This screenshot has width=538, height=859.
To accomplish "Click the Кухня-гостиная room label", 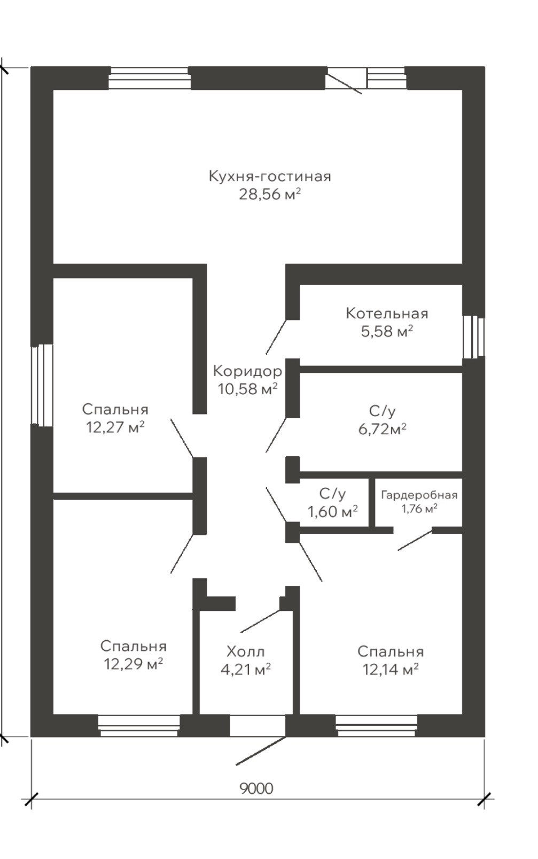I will pos(269,176).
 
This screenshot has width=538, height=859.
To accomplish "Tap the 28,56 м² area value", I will pos(269,194).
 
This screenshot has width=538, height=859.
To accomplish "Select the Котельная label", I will pos(387,313).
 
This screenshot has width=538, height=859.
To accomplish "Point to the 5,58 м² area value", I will pos(387,332).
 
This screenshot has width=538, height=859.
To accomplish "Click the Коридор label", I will pos(247,371).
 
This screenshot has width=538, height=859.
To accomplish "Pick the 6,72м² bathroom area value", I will pos(382,429).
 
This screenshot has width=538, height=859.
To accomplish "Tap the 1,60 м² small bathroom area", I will pos(332,512).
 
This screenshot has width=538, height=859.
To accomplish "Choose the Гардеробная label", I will pos(419,495).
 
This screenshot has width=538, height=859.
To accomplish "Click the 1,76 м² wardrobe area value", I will pos(419,509).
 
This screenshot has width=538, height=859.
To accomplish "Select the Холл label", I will pos(245,651).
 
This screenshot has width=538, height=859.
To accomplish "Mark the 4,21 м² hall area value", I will pos(245,669).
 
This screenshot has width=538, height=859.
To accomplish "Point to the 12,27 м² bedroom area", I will pos(115,427).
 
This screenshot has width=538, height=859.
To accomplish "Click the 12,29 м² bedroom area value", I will pos(133,664).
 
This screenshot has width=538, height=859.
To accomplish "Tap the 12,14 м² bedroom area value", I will pos(390,670).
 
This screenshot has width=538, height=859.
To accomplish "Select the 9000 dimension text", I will pos(256,788).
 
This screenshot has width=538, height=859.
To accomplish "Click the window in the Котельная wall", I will pos(473,337).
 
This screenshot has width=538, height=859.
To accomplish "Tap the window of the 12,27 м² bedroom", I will pos(42,385).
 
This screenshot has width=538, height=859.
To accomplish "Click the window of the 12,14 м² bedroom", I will pos(376,725).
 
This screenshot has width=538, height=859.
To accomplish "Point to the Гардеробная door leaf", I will pos(415,541).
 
